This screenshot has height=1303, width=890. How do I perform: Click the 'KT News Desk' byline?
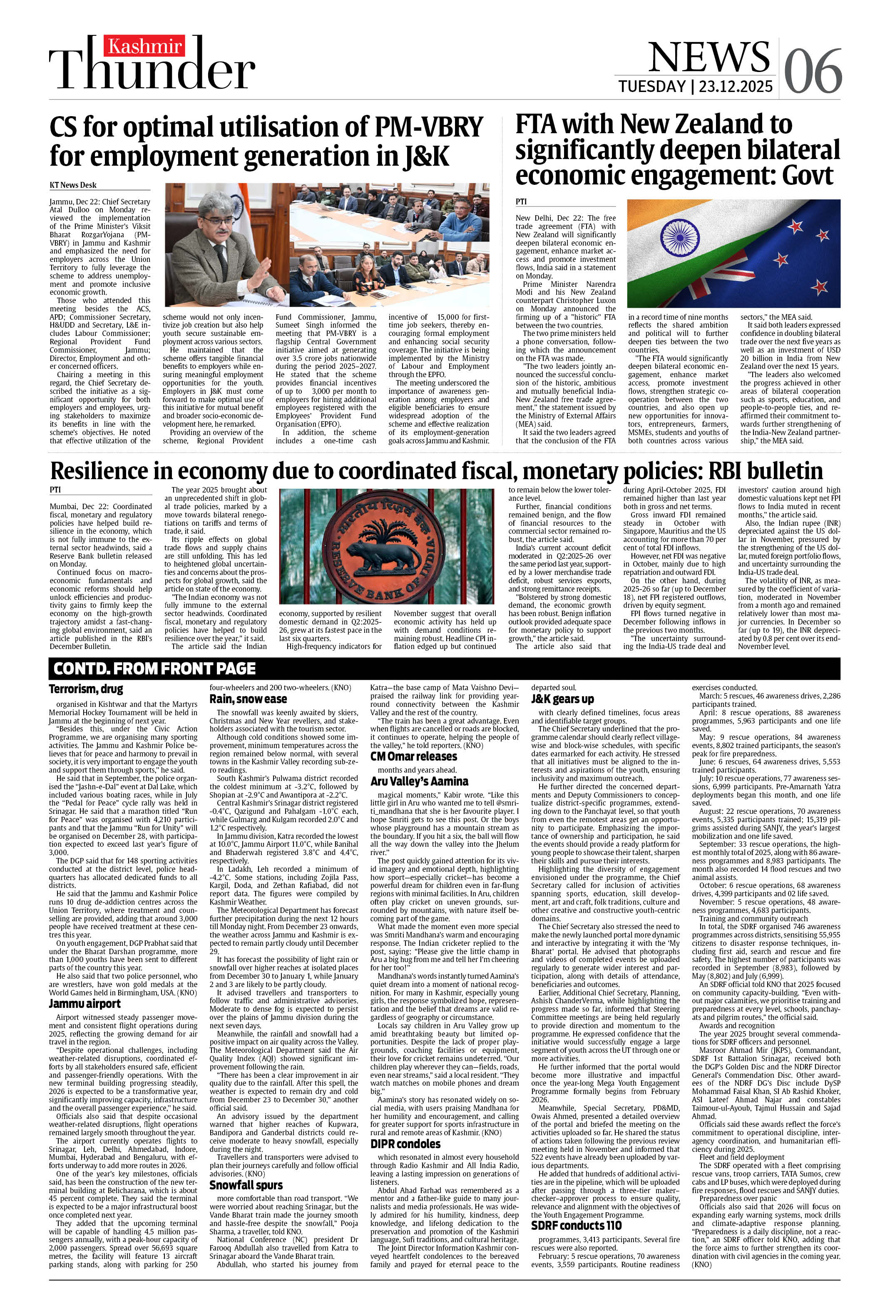click(x=73, y=185)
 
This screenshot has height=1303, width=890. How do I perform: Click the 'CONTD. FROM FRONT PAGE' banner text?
click(x=155, y=668)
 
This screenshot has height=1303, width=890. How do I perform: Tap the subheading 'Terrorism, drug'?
click(x=86, y=689)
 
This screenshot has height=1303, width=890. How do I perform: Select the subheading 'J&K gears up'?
click(x=562, y=699)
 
